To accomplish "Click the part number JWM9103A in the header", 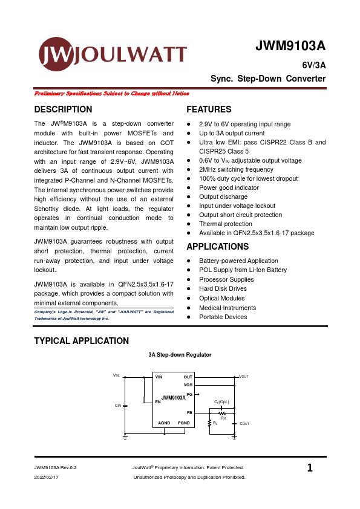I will point(290,47).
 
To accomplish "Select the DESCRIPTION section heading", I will point(64,109).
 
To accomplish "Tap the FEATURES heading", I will point(209,109).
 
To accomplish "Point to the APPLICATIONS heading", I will point(218,247).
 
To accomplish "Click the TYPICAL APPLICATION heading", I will point(82,341).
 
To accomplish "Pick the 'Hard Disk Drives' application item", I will point(223,289).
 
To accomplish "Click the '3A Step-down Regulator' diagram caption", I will point(180,355).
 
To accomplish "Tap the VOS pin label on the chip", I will point(188,384).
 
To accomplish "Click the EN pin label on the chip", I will point(158,401).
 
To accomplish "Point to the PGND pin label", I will point(184,423).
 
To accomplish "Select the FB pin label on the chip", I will point(189,412).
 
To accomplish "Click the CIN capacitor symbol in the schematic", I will point(125,405).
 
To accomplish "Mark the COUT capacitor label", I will point(244,424).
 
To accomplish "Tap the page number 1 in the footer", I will point(310,468).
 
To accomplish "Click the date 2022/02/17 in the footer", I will point(47,477).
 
